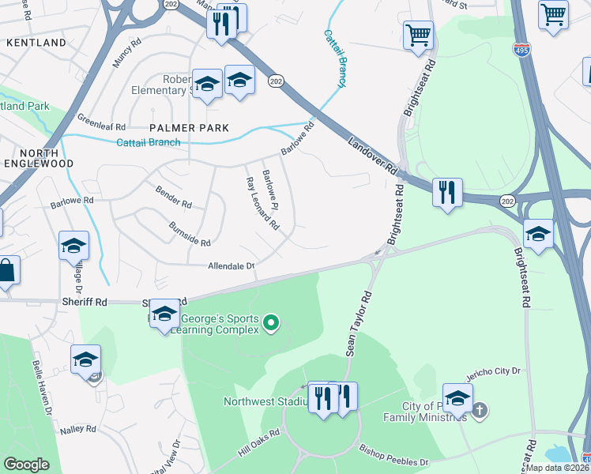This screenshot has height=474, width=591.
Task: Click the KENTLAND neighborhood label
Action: pos(36,42)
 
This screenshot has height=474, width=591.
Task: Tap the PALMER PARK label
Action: pos(190,128)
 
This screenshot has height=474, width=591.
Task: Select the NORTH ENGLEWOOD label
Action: pos(36,158)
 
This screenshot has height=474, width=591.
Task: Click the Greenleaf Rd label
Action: pos(102,122)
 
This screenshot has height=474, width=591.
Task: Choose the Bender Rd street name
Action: pos(174,196)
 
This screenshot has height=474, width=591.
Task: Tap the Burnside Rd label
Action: pos(190,234)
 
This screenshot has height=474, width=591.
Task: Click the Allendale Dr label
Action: pos(232,267)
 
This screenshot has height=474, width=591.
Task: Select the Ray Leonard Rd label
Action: pos(262,203)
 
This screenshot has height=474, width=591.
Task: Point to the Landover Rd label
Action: pos(371,153)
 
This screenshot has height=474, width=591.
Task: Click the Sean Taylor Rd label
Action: pos(358,325)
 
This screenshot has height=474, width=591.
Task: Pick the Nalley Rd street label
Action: pos(78,429)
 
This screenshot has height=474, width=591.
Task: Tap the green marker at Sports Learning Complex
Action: pos(271,322)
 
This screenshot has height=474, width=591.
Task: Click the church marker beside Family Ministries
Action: pos(480,411)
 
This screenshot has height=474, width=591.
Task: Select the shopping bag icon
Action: pos(6,271)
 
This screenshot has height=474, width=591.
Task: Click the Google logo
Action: pos(26,464)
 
